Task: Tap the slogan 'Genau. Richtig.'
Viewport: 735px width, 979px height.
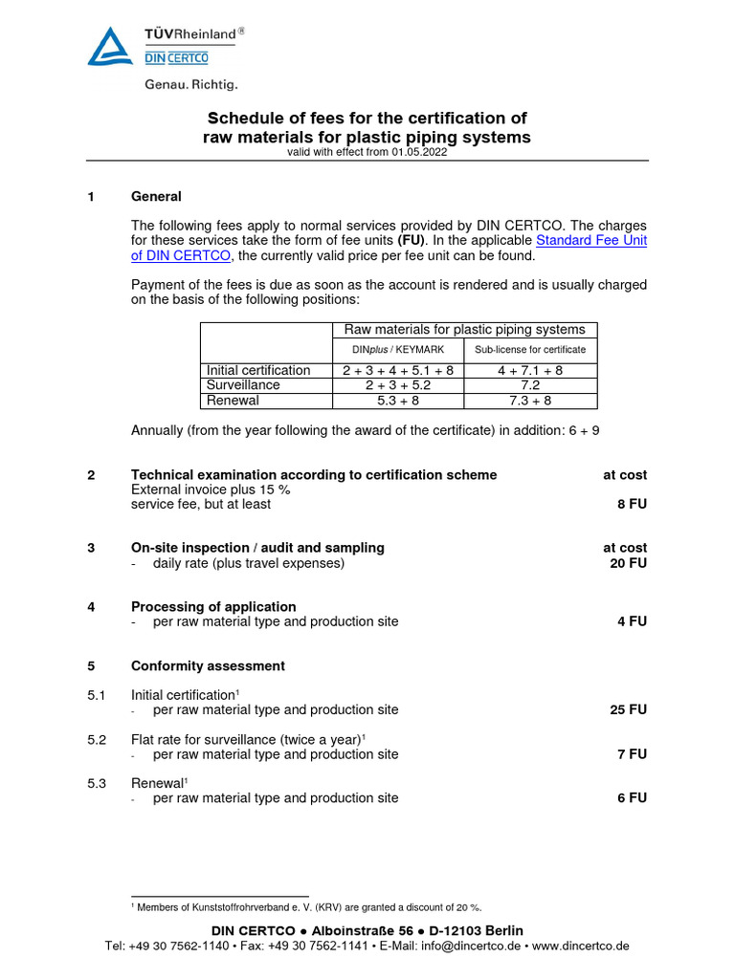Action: [191, 85]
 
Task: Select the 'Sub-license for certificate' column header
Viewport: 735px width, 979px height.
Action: [529, 350]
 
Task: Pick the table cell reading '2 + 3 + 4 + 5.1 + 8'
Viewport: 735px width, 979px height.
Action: [397, 370]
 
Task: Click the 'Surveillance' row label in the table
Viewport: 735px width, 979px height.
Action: [243, 384]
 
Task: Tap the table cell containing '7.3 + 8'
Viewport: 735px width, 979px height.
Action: [529, 401]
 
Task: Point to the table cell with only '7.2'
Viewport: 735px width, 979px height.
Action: [529, 384]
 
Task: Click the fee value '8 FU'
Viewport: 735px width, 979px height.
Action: [632, 504]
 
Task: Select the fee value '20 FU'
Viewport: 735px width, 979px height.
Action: [628, 563]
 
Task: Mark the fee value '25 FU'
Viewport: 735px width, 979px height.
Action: [628, 710]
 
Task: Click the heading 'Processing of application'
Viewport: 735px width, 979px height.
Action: [213, 607]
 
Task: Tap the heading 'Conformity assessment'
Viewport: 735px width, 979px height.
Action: [208, 665]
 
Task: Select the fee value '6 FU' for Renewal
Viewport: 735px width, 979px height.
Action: [632, 798]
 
